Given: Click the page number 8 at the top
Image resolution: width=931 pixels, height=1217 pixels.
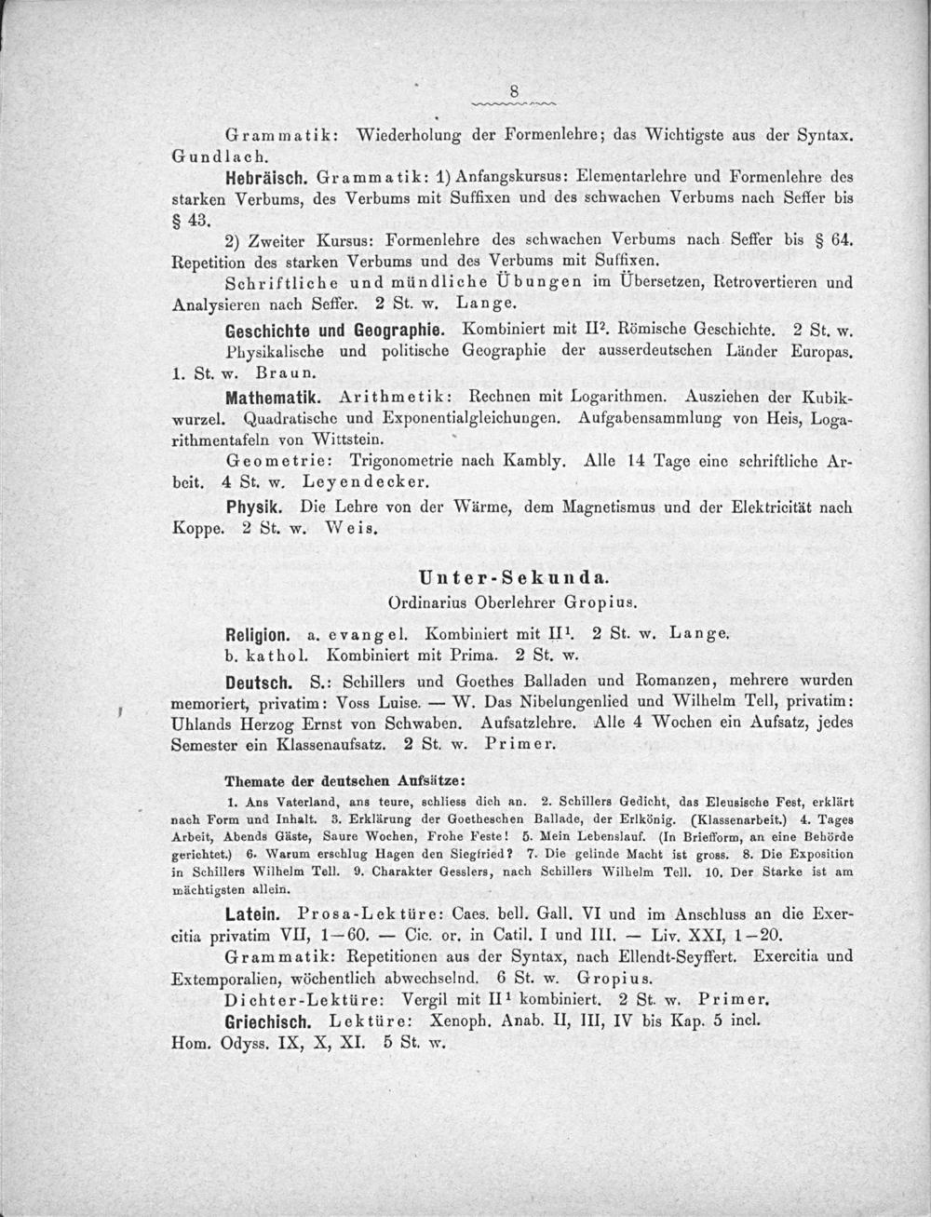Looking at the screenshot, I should coord(514,91).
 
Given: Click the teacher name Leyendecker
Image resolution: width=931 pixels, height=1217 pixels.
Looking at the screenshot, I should coord(363,482).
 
